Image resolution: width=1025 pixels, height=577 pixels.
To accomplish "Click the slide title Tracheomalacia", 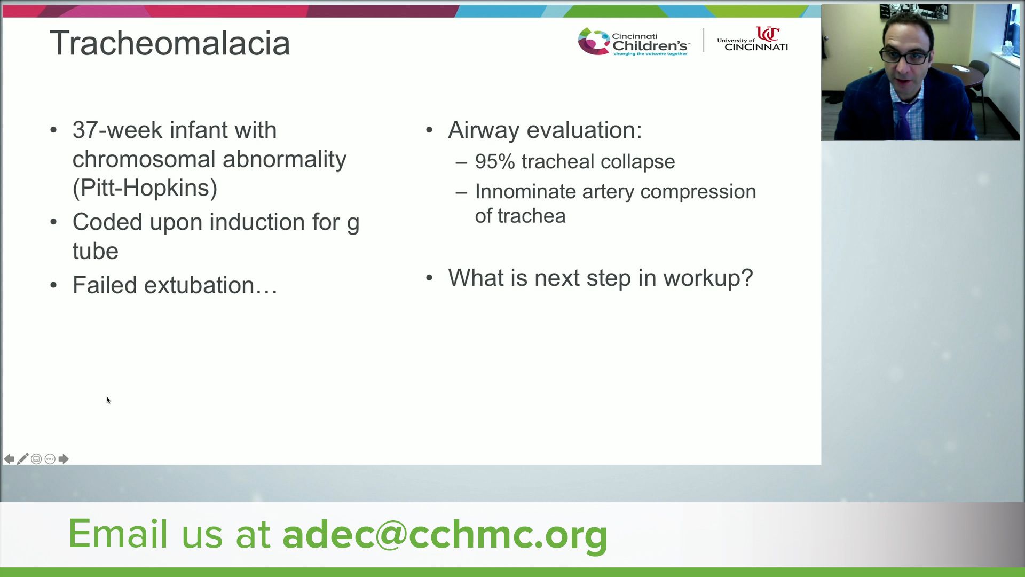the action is click(x=170, y=43).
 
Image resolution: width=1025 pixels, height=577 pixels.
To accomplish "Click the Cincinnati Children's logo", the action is click(x=634, y=42).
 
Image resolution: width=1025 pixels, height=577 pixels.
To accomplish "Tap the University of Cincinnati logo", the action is click(x=752, y=39).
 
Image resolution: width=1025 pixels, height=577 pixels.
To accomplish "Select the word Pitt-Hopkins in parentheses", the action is click(x=145, y=188).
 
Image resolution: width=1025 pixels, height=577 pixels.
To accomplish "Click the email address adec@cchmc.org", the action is click(x=445, y=534).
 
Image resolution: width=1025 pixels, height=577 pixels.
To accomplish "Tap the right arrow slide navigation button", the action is click(x=64, y=459).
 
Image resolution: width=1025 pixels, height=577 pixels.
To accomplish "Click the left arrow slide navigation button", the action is click(x=9, y=459).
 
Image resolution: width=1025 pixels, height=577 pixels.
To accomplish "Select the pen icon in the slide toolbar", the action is click(x=22, y=459).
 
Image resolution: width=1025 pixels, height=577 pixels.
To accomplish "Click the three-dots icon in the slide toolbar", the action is click(x=50, y=459).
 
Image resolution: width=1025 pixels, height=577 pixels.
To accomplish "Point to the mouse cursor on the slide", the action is click(x=108, y=400).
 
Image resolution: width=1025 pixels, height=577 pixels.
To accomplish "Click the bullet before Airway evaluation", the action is click(x=429, y=130).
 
